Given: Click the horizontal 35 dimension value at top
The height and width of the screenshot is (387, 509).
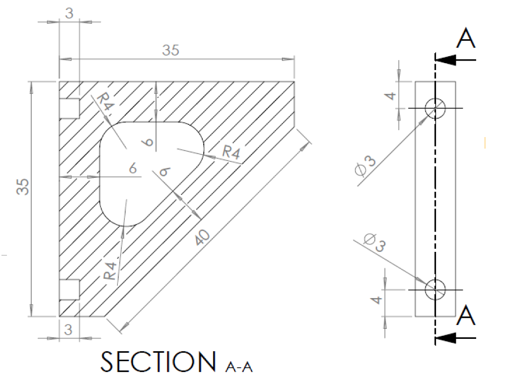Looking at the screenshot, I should click(170, 50).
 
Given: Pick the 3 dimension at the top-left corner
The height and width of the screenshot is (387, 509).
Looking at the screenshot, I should click(69, 13).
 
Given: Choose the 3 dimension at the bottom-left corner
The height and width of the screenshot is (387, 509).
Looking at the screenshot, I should click(69, 328).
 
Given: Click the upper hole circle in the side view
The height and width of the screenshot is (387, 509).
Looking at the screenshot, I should click(435, 108).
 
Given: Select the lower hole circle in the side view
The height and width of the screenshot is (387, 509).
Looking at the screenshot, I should click(435, 289).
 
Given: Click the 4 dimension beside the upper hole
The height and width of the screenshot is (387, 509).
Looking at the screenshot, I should click(392, 94).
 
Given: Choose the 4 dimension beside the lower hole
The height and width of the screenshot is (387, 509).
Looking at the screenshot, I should click(378, 300).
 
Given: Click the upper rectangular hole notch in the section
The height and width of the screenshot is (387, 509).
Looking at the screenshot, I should click(69, 108).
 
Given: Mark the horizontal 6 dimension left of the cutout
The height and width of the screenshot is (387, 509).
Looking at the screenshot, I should click(133, 169).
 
